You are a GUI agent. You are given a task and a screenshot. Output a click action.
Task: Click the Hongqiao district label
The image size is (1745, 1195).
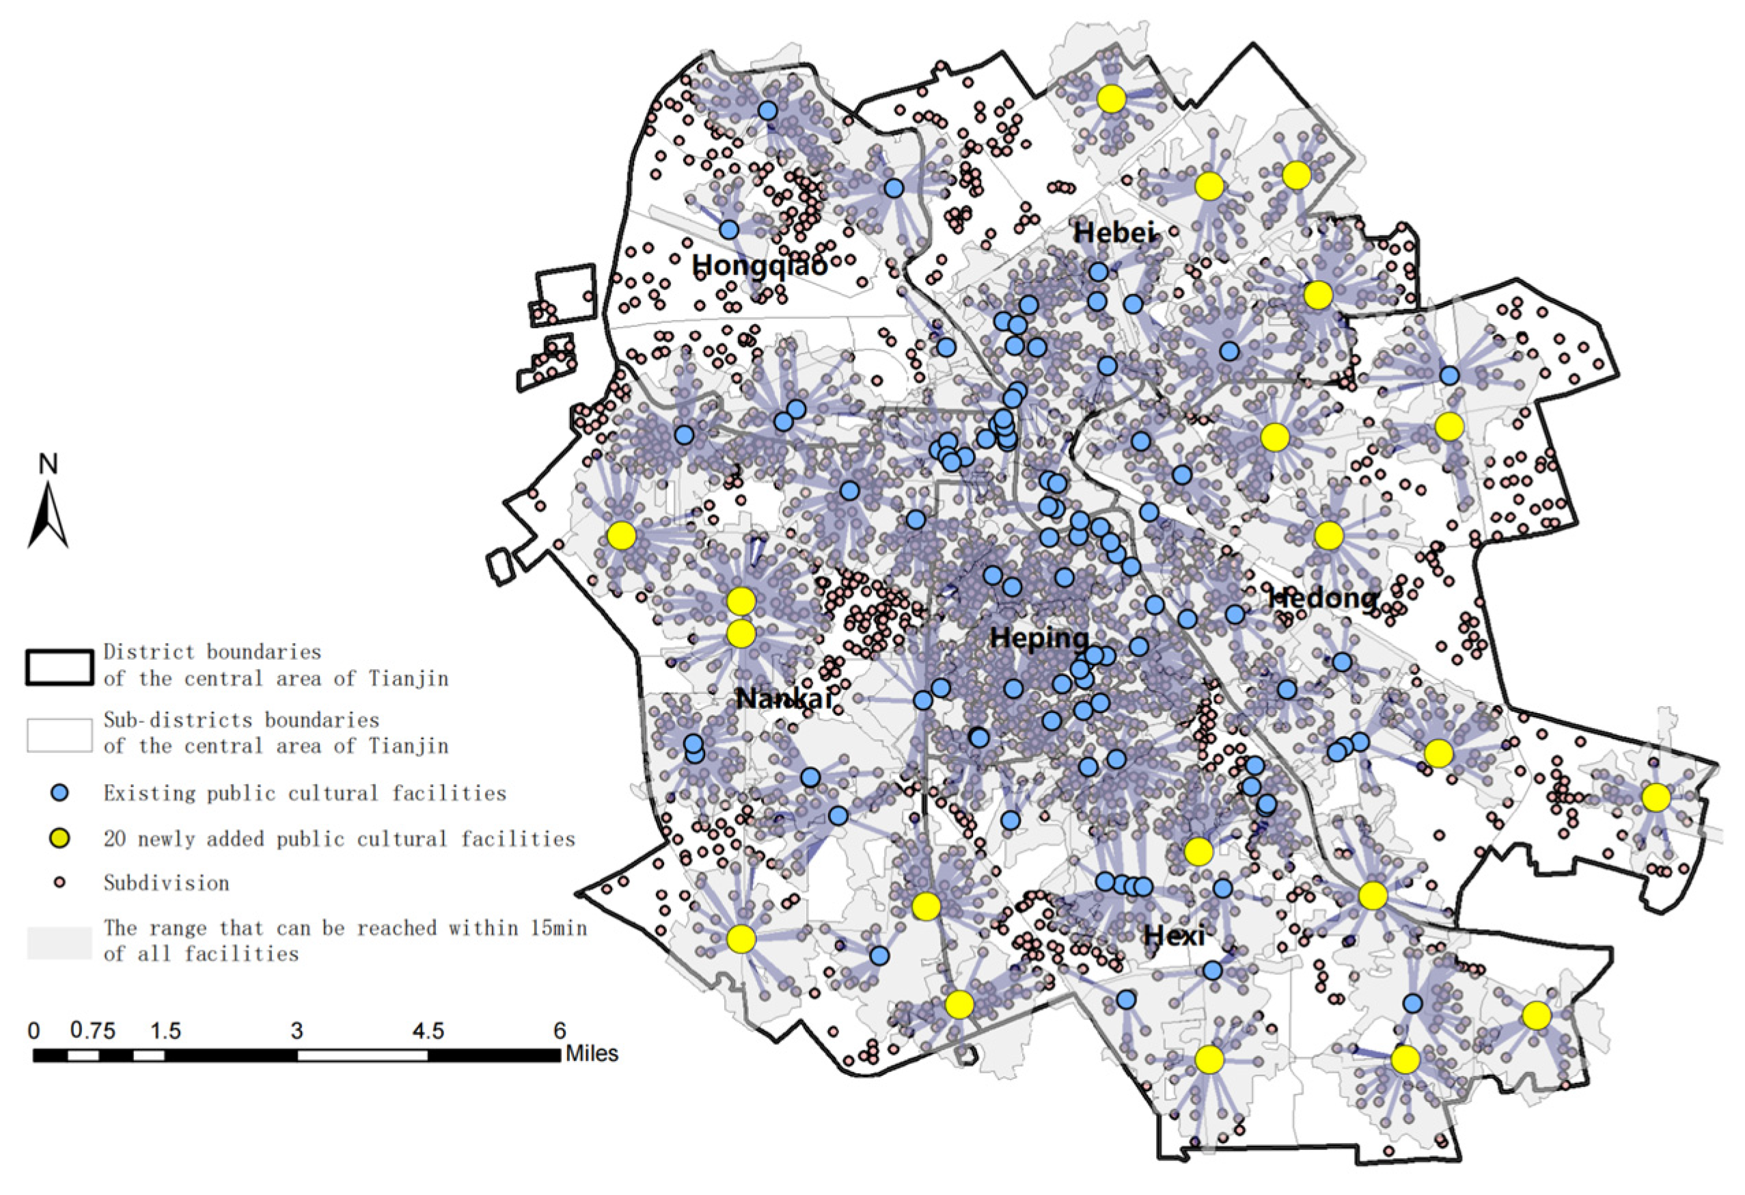point(759,265)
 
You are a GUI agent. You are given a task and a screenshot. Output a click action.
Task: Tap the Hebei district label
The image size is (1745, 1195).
point(1113,233)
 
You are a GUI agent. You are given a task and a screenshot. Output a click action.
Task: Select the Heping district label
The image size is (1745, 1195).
point(1039,639)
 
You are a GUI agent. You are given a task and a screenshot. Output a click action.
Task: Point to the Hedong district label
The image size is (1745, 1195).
point(1323,598)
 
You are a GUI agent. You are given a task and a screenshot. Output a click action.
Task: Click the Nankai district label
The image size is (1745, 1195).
point(784,699)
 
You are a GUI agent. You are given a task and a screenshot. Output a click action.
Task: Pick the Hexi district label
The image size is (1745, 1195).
point(1174,936)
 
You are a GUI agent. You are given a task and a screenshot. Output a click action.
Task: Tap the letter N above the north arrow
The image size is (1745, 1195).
point(47,464)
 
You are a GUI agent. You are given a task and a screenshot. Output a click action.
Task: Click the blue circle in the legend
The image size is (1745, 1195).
point(59,793)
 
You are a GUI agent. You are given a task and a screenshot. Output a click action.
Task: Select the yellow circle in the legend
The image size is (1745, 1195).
point(59,838)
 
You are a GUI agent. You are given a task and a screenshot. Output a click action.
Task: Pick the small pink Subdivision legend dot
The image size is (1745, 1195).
point(59,883)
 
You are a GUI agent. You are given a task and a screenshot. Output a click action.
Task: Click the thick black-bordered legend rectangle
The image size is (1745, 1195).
point(60,667)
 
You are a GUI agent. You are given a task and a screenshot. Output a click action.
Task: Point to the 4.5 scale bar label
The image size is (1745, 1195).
point(428,1031)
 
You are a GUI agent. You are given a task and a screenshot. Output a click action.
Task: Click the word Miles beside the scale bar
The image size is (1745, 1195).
point(592,1053)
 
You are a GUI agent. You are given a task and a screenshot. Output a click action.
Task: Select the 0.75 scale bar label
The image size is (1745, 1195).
point(93,1031)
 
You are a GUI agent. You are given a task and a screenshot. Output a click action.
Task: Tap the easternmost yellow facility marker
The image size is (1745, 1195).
point(1656,798)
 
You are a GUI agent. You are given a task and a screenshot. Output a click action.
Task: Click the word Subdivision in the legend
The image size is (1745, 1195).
point(166,883)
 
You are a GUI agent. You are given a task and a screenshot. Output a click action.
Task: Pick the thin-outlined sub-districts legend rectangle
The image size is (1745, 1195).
point(60,736)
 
